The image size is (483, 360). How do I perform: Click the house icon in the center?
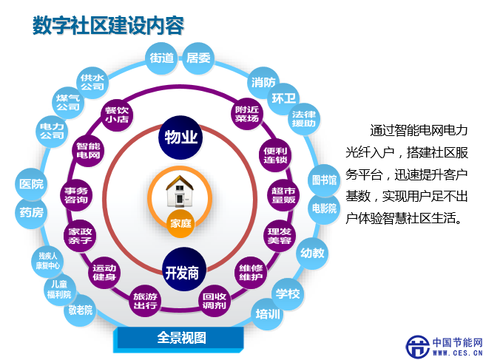pos(180,191)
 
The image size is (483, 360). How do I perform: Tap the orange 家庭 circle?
pos(180,223)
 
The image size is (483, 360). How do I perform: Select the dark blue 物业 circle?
pos(180,137)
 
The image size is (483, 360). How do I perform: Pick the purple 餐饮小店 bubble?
pos(117,115)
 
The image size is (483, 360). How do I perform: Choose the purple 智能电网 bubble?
pos(88,150)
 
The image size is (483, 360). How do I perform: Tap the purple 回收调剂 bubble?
pos(215,301)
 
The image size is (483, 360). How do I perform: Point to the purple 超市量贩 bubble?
pos(283,195)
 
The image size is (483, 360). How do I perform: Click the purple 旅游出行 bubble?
pos(145,301)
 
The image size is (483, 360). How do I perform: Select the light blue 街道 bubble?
pos(161,58)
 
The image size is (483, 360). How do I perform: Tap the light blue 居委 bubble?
pos(198,58)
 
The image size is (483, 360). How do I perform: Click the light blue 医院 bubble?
pos(31,184)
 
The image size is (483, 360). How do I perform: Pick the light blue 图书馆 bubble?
pos(324,180)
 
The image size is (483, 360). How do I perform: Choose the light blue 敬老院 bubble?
pos(80,310)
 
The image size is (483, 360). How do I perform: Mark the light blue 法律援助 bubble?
pos(304,119)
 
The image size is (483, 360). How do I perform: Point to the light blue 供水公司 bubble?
pos(92,83)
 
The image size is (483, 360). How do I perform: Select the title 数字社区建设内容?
pos(109,25)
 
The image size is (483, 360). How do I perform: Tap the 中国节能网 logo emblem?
pos(418,347)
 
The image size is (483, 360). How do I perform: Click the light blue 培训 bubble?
pos(268,314)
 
